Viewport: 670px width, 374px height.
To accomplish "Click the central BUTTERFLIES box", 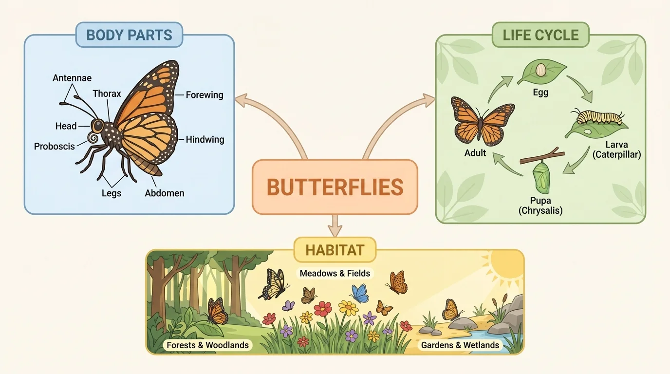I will [335, 187].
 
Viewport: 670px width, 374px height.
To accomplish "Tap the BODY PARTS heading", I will [129, 35].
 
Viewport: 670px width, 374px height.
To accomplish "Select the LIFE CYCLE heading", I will [540, 35].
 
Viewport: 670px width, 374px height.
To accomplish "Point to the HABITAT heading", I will [335, 250].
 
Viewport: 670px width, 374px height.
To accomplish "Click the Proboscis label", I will [54, 146].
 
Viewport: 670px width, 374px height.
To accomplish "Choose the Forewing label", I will [205, 95].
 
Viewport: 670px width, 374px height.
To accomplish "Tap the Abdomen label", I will [165, 193].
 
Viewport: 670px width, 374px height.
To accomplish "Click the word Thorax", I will [107, 93].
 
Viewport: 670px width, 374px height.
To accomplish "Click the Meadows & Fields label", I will [335, 273].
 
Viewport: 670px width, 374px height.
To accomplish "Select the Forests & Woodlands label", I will [207, 345].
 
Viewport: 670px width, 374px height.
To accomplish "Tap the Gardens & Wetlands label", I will [460, 345].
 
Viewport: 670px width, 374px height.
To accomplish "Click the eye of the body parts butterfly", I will [98, 126].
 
